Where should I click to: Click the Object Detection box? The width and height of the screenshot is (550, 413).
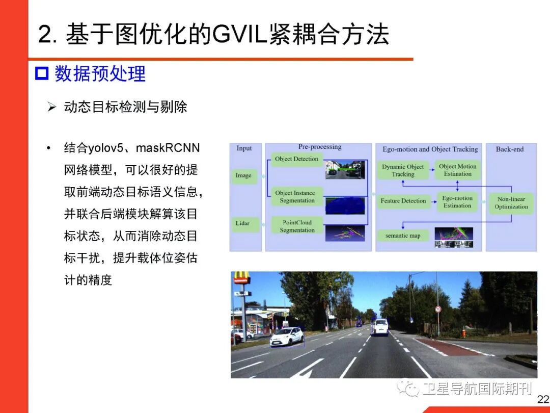[x=296, y=159]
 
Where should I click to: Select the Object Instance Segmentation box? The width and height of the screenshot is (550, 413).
[x=295, y=197]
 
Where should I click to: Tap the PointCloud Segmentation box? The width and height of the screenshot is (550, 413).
[x=297, y=226]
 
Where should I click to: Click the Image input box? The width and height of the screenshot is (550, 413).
[x=243, y=175]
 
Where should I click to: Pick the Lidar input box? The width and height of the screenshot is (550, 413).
[x=243, y=223]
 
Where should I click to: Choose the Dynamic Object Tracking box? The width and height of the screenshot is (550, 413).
[x=403, y=170]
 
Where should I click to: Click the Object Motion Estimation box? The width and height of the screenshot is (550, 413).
[x=457, y=170]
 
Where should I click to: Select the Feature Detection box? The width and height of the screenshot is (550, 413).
[x=403, y=201]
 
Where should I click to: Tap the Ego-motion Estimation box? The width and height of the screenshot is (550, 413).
[x=457, y=202]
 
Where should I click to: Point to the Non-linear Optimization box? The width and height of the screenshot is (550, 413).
[x=511, y=203]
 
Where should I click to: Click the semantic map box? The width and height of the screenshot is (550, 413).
[x=403, y=236]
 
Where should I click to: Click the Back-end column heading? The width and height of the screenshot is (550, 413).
[x=510, y=149]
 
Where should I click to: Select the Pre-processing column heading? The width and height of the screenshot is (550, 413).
[x=320, y=147]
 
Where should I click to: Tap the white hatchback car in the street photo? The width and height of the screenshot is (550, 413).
[x=286, y=337]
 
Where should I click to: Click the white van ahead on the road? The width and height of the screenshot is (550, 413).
[x=379, y=327]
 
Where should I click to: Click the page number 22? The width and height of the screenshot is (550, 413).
[x=543, y=399]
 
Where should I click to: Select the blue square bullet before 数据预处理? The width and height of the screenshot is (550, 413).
[x=41, y=74]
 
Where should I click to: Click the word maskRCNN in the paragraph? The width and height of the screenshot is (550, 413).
[x=168, y=148]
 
